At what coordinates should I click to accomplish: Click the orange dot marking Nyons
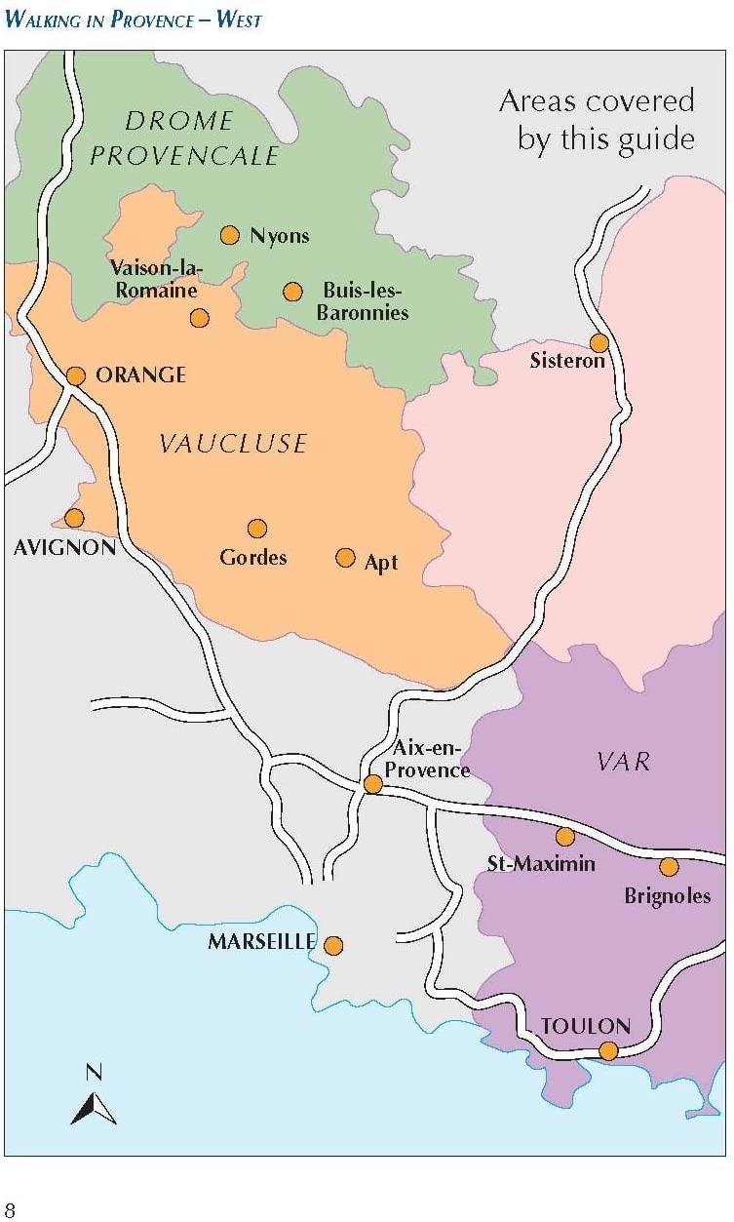click(230, 235)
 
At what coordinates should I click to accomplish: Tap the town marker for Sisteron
click(599, 342)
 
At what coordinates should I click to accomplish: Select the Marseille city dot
click(333, 945)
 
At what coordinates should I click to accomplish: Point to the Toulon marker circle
click(608, 1050)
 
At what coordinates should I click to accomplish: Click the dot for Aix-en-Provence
click(372, 784)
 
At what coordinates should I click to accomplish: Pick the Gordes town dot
click(257, 529)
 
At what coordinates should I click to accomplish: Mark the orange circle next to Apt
click(345, 557)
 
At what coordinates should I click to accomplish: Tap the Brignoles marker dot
click(669, 866)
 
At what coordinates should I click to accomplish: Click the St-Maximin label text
click(541, 863)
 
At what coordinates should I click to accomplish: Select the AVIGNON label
click(64, 547)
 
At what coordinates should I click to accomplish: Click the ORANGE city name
click(140, 375)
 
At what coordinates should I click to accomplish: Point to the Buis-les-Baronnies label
click(363, 301)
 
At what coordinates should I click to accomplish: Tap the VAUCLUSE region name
click(233, 444)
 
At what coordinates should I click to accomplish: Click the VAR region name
click(623, 762)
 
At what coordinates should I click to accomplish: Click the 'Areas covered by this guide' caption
click(597, 120)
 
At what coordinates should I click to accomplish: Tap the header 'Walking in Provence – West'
click(134, 19)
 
